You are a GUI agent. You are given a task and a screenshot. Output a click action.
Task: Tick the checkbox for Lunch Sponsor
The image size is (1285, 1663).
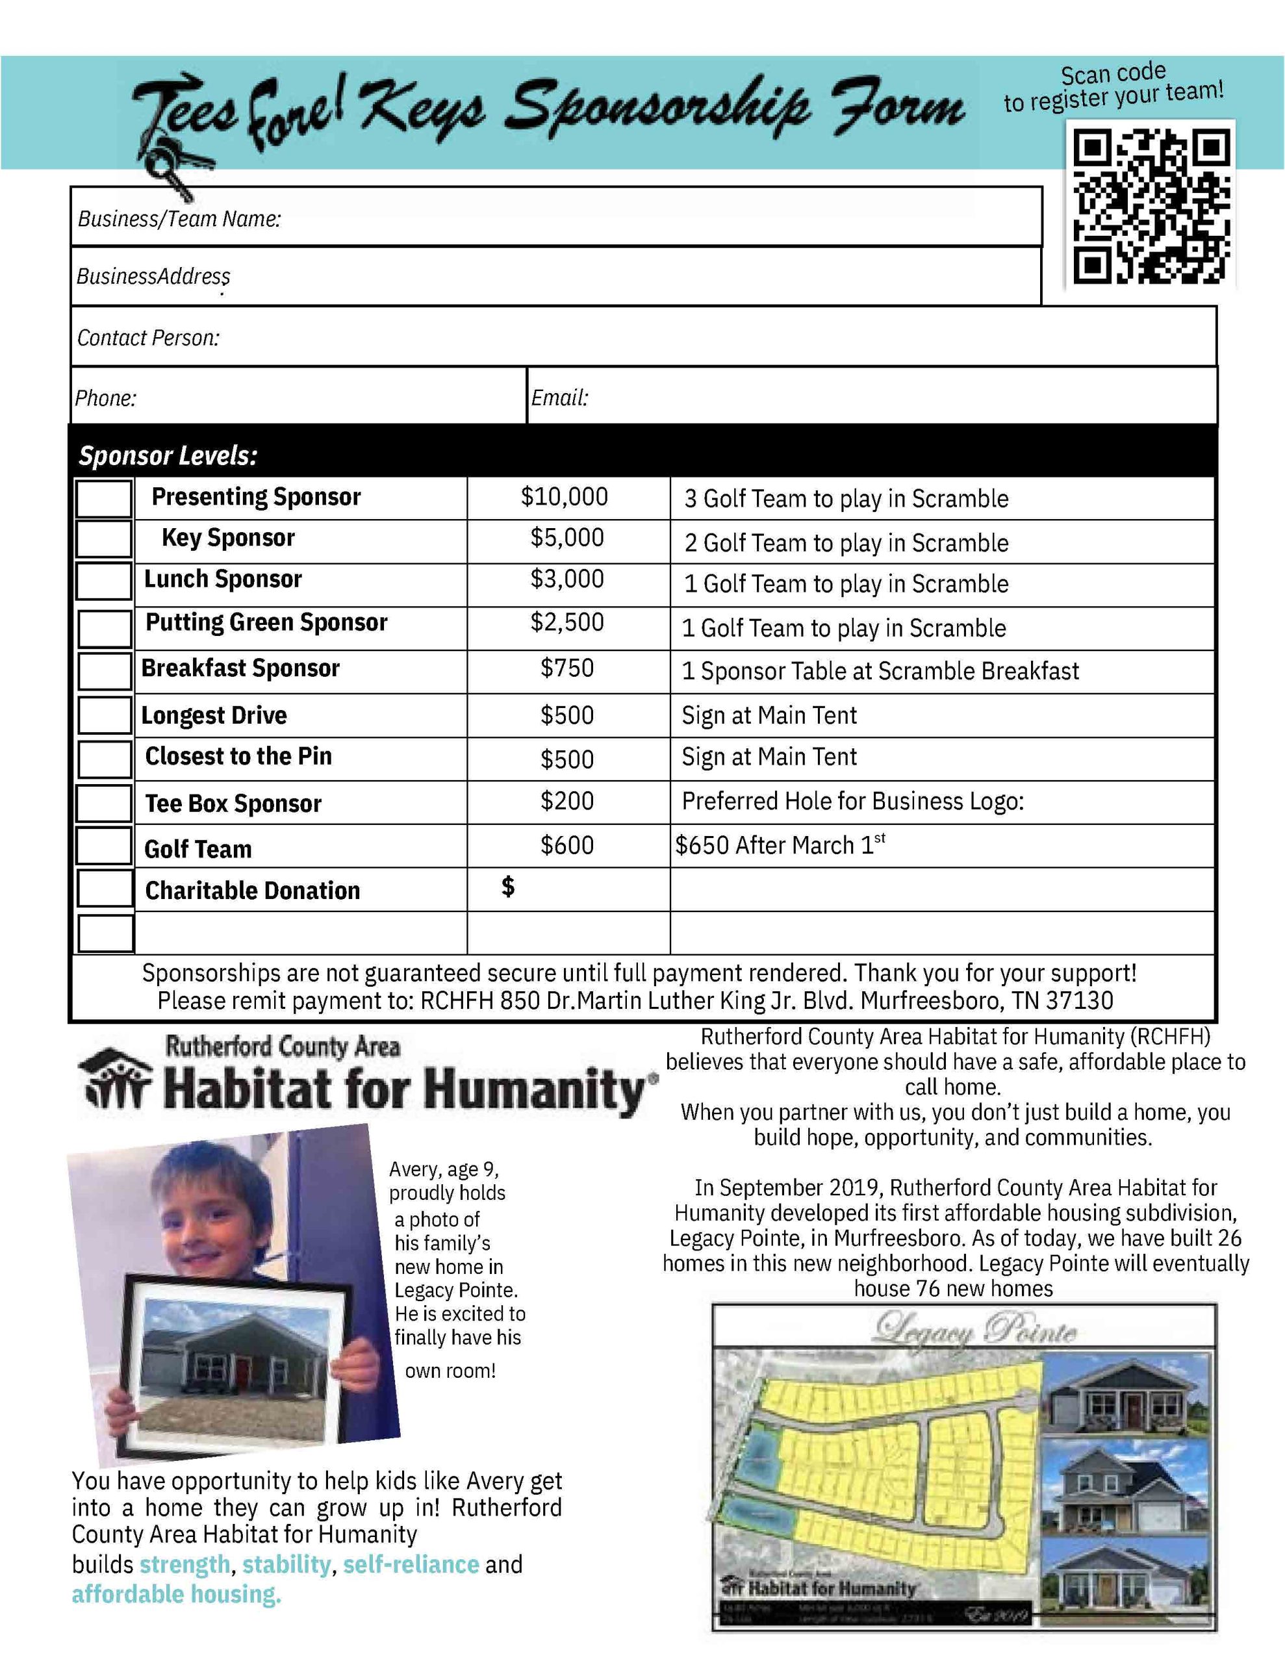click(x=105, y=582)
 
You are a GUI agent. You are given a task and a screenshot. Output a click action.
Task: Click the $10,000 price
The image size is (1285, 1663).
click(x=565, y=497)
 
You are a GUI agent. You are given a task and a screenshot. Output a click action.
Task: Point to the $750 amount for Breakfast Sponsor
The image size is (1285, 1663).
click(x=566, y=668)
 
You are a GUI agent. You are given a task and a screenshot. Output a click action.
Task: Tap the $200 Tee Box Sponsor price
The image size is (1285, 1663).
click(x=566, y=801)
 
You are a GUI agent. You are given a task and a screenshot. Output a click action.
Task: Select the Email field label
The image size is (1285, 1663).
click(x=559, y=398)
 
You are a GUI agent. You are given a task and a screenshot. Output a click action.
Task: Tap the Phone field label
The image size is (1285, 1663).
click(x=105, y=398)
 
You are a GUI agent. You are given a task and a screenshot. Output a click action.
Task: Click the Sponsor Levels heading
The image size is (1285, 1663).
click(x=168, y=456)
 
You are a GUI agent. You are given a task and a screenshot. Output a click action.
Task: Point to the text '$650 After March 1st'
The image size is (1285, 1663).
click(x=779, y=845)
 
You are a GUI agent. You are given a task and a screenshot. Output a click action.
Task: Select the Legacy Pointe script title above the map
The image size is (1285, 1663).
click(x=974, y=1328)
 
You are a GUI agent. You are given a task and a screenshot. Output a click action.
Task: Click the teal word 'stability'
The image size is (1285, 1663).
click(x=286, y=1564)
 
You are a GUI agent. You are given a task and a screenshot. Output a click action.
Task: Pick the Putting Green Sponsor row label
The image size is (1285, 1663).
click(x=266, y=623)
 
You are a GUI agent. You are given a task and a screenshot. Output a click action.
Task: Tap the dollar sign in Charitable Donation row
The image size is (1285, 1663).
click(x=508, y=886)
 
